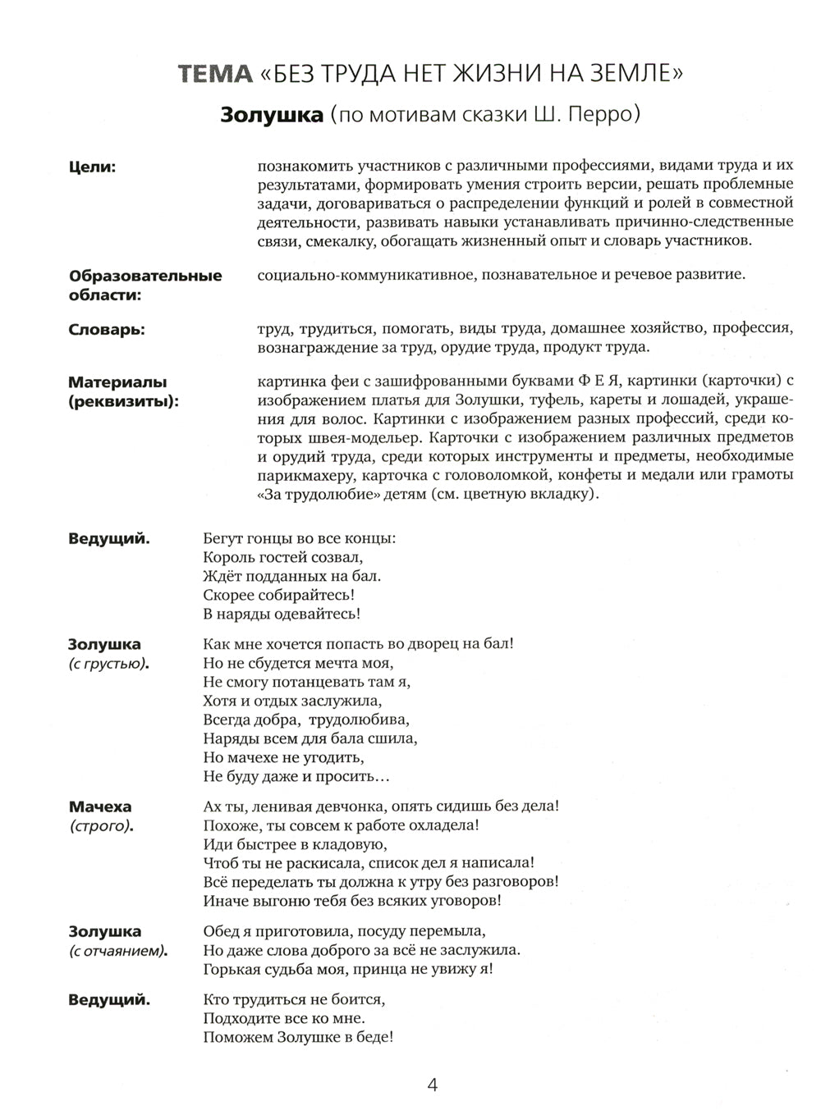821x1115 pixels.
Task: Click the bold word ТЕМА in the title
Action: click(216, 75)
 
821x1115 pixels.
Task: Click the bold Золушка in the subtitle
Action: click(272, 115)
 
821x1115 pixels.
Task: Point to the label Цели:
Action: click(91, 167)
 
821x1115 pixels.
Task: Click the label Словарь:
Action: click(106, 329)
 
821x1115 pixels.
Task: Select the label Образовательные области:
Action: click(144, 284)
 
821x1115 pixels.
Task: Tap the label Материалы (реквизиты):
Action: click(122, 391)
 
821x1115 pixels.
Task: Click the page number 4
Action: click(433, 1085)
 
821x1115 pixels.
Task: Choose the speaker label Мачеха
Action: click(100, 807)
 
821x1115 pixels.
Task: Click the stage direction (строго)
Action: click(101, 825)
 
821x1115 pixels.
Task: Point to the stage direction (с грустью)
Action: click(109, 663)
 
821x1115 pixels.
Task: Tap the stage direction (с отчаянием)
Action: click(117, 951)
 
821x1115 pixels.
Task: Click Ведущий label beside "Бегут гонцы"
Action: click(108, 539)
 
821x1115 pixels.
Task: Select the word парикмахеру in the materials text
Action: click(300, 476)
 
